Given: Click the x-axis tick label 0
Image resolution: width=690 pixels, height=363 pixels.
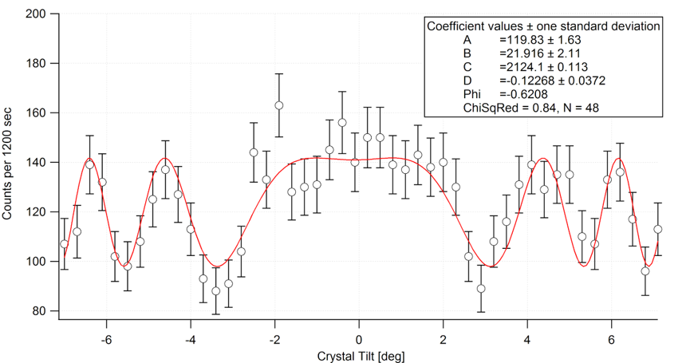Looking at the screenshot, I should (x=359, y=337).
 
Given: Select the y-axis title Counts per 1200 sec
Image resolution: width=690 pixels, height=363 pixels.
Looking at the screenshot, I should (x=9, y=164).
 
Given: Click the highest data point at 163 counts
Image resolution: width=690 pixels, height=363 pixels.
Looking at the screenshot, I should (x=279, y=105).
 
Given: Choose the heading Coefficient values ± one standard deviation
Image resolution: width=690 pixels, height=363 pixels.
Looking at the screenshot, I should (x=543, y=26).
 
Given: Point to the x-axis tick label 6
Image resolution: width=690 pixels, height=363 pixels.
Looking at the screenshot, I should (x=611, y=337).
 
